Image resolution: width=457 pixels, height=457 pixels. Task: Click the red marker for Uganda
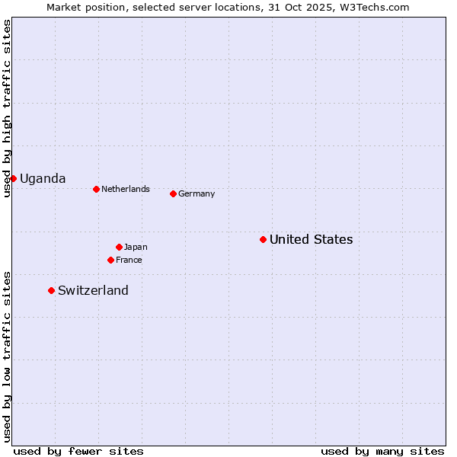click(x=13, y=178)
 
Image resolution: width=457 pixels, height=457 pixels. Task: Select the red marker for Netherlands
click(x=96, y=189)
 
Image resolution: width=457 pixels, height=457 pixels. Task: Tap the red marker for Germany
click(x=173, y=193)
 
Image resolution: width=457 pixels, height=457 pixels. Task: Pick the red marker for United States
click(x=263, y=239)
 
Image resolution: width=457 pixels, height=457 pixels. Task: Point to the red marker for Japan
click(x=119, y=247)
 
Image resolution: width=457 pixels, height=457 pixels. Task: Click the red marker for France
click(x=110, y=260)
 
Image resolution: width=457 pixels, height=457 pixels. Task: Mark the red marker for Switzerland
click(x=51, y=290)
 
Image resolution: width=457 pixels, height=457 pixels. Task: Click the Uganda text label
click(x=43, y=178)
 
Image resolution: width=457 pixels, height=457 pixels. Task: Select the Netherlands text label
click(x=126, y=189)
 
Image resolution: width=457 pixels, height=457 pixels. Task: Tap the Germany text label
click(x=197, y=193)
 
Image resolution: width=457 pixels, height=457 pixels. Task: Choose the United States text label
click(x=311, y=239)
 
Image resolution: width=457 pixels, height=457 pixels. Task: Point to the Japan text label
click(x=136, y=247)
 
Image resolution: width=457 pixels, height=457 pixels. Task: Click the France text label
click(x=129, y=260)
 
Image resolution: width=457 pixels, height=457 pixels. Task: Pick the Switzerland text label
click(x=93, y=290)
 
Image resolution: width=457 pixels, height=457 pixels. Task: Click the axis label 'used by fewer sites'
click(x=78, y=451)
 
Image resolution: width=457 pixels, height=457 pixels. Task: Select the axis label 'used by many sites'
click(x=382, y=451)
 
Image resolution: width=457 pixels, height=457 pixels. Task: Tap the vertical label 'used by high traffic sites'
click(x=7, y=108)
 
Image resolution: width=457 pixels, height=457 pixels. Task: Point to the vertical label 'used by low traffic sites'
click(x=7, y=356)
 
